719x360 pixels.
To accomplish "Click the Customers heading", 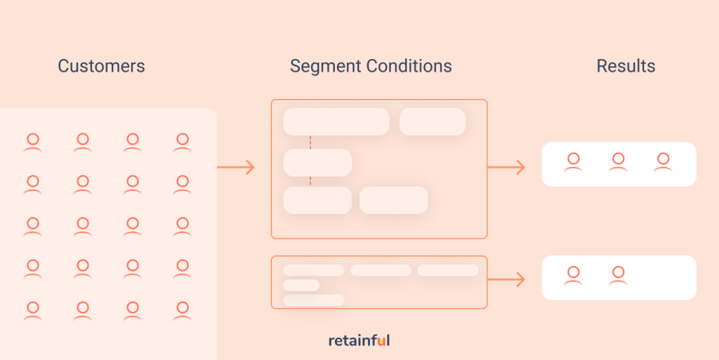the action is tap(101, 66).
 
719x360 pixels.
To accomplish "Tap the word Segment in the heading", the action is tap(326, 67).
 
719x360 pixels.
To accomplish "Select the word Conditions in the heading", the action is tap(409, 66).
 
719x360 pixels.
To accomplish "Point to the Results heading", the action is tap(626, 66).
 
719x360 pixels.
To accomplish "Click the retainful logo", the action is tap(359, 340).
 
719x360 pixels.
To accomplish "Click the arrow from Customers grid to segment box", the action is tap(235, 167).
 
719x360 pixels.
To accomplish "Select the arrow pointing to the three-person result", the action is tap(506, 167).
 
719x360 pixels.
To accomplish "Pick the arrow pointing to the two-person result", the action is tap(506, 279).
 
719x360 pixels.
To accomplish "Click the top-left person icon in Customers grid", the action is tap(32, 142).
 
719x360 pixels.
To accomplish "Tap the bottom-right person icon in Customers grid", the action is tap(183, 311).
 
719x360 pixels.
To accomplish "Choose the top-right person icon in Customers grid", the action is tap(183, 142).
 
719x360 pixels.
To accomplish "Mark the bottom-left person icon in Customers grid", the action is tap(32, 311).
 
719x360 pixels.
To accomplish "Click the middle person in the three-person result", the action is tap(618, 162).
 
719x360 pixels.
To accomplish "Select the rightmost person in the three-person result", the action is tap(663, 162).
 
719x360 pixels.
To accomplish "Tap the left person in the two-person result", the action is tap(573, 276).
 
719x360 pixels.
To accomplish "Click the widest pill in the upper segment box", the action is tap(336, 122).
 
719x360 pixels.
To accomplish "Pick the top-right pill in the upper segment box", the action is tap(433, 122).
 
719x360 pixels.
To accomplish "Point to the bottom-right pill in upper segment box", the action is tap(394, 200).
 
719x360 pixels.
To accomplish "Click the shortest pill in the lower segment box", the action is tap(301, 285).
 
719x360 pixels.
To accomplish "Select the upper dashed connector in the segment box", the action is tap(310, 142).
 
